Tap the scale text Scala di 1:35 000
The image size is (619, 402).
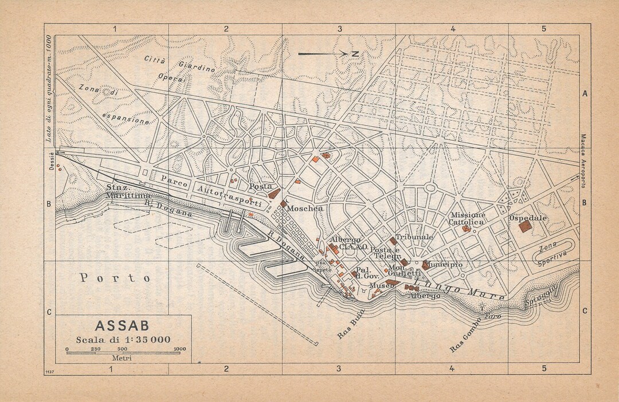click(x=124, y=339)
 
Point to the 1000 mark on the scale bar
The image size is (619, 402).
click(x=179, y=348)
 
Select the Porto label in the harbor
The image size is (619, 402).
click(x=115, y=278)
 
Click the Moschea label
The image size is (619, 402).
click(x=305, y=209)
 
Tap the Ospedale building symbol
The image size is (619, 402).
click(x=524, y=227)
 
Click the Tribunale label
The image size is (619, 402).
click(x=414, y=236)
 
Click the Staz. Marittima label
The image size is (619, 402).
click(x=127, y=192)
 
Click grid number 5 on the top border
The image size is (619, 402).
click(x=543, y=28)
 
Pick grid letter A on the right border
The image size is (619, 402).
click(x=585, y=93)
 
